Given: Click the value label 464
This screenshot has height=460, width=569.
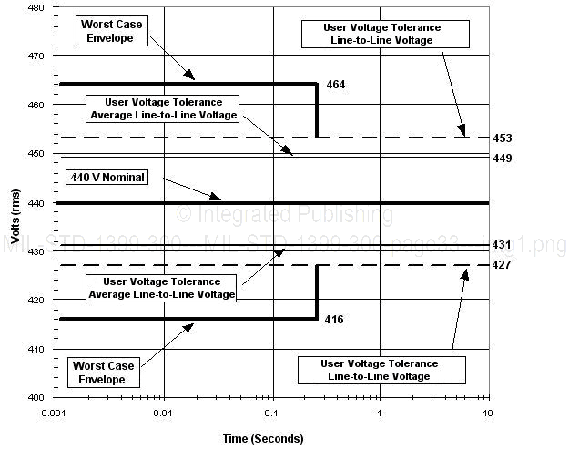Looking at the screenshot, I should (336, 85).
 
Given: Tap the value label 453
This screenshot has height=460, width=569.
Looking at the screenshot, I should (503, 138).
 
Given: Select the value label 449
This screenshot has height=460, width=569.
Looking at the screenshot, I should (503, 158).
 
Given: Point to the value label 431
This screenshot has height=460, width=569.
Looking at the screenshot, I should (503, 245).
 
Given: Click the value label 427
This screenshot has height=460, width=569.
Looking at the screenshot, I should (503, 264).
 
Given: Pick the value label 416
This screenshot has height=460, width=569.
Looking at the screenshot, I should (336, 321).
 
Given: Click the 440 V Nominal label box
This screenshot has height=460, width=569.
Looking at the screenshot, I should (107, 178).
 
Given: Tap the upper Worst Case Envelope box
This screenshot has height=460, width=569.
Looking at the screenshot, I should (111, 31).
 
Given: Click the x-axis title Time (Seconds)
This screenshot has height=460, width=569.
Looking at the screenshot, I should (263, 439).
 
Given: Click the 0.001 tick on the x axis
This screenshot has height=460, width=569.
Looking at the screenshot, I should (56, 414).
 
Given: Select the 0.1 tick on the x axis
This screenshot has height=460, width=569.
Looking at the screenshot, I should (272, 414).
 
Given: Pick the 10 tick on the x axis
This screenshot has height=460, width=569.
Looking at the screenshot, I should (489, 414).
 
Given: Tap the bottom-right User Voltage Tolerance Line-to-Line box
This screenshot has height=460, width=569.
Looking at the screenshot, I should (380, 370).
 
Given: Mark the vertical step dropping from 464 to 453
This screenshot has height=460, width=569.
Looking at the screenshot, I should (317, 111).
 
